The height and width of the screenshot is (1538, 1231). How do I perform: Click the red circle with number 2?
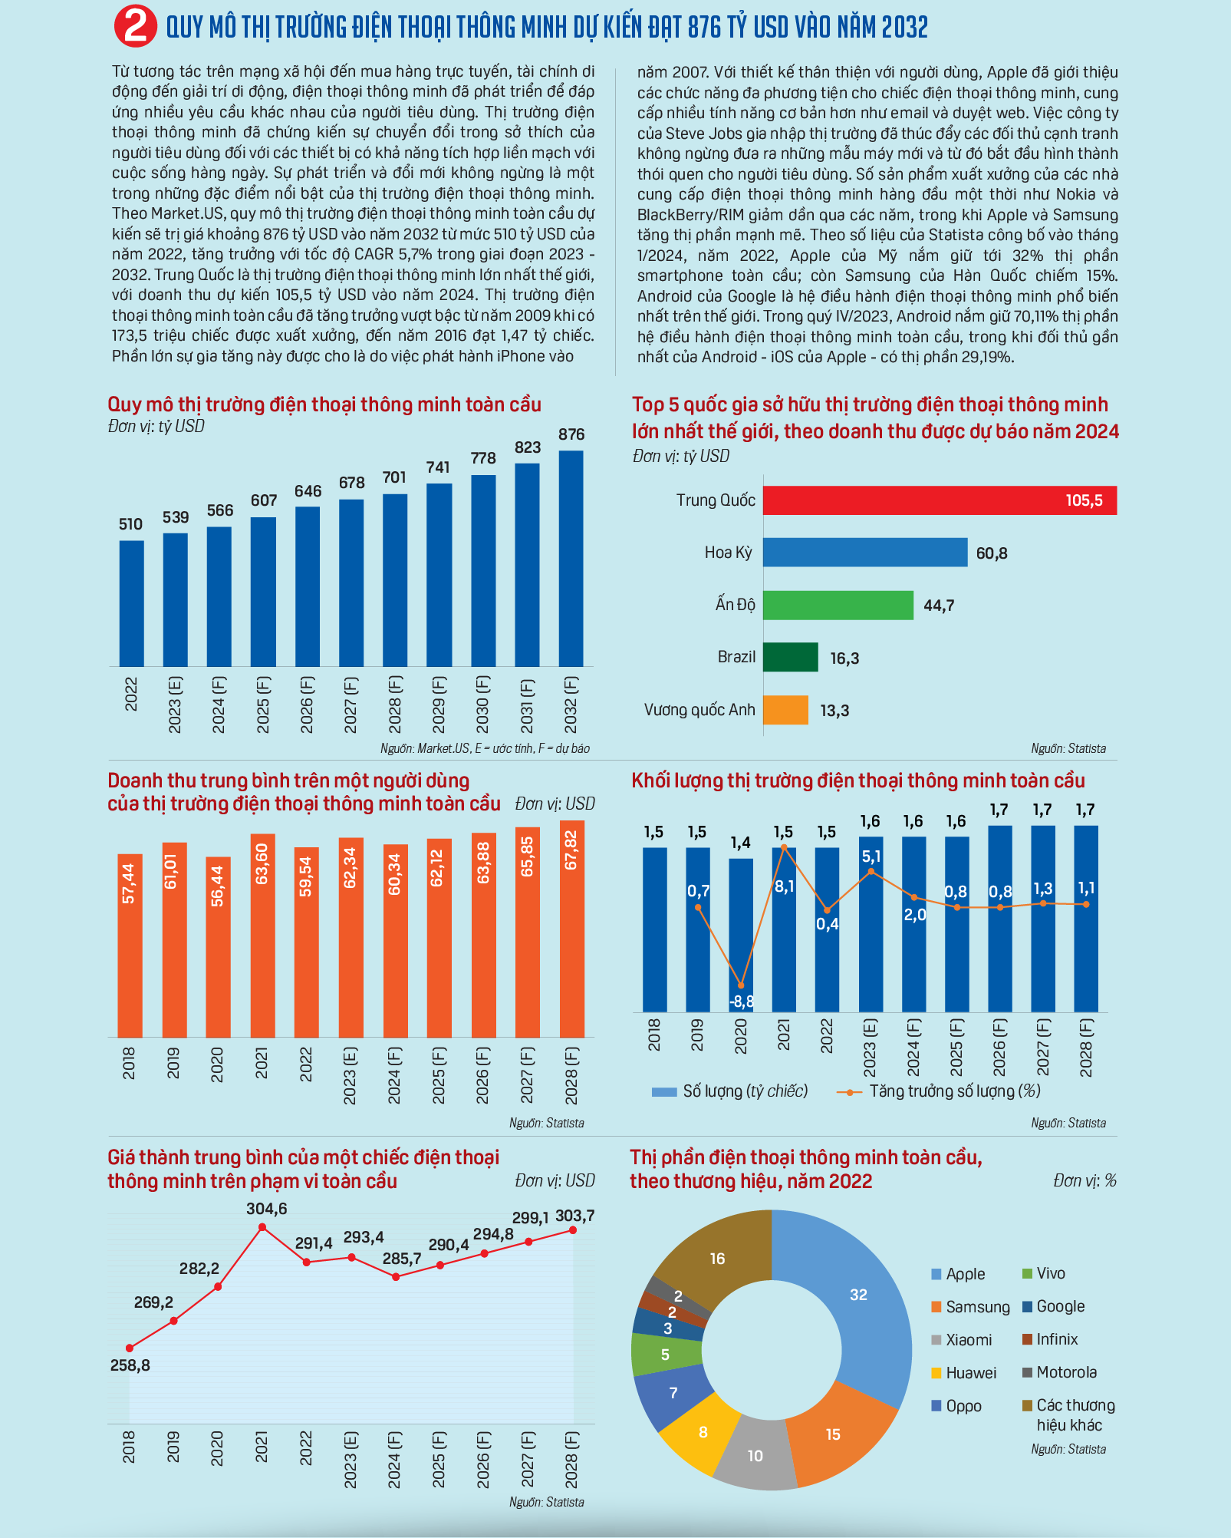coord(136,27)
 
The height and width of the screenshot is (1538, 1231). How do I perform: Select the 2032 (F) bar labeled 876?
coord(571,558)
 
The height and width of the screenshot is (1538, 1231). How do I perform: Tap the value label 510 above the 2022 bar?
coord(130,524)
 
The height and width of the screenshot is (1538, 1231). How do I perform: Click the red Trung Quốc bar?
coord(940,500)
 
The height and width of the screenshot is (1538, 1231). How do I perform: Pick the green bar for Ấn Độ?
coord(838,605)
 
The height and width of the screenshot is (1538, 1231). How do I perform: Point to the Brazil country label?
coord(736,657)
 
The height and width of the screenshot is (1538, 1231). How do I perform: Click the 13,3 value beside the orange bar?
coord(834,711)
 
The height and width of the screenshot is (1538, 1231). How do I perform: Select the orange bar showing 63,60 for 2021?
coord(262,936)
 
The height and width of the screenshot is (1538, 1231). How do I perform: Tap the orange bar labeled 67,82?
coord(572,929)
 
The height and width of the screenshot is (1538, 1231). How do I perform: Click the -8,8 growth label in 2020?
coord(742,1002)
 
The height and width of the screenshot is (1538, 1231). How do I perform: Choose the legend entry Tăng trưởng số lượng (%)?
coord(939,1091)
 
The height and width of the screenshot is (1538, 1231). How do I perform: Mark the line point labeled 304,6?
coord(262,1227)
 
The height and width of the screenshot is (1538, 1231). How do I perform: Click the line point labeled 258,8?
coord(130,1348)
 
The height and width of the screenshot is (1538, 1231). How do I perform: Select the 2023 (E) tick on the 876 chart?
coord(175,705)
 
